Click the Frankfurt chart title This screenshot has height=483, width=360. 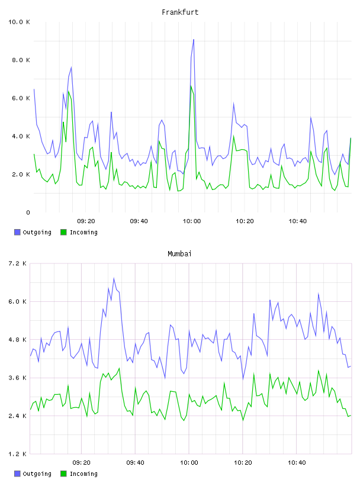pos(180,12)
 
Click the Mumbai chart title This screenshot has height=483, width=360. pos(179,254)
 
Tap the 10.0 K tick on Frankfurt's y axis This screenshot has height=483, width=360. pos(19,22)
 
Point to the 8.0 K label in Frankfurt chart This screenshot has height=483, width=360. pos(21,60)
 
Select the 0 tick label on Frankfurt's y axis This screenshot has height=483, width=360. pos(28,212)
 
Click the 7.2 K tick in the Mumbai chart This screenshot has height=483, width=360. pos(17,263)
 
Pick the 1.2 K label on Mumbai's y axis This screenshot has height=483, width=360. pos(17,454)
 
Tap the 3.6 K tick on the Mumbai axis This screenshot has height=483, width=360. pos(17,378)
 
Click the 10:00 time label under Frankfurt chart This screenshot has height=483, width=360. pos(192,221)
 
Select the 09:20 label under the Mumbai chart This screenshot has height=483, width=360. pos(81,463)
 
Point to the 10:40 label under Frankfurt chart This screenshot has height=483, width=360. pos(297,221)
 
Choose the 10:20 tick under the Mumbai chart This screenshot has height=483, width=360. pos(243,463)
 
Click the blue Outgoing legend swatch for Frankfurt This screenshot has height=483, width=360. pos(17,232)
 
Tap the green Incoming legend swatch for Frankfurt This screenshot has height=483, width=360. pos(63,232)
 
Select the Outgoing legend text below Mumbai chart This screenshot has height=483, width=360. pos(37,474)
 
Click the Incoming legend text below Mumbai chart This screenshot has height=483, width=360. pos(83,474)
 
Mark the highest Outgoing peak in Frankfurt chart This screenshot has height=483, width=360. pos(194,40)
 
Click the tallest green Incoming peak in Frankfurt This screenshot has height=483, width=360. pos(191,86)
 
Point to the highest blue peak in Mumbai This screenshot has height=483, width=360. pos(114,278)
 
